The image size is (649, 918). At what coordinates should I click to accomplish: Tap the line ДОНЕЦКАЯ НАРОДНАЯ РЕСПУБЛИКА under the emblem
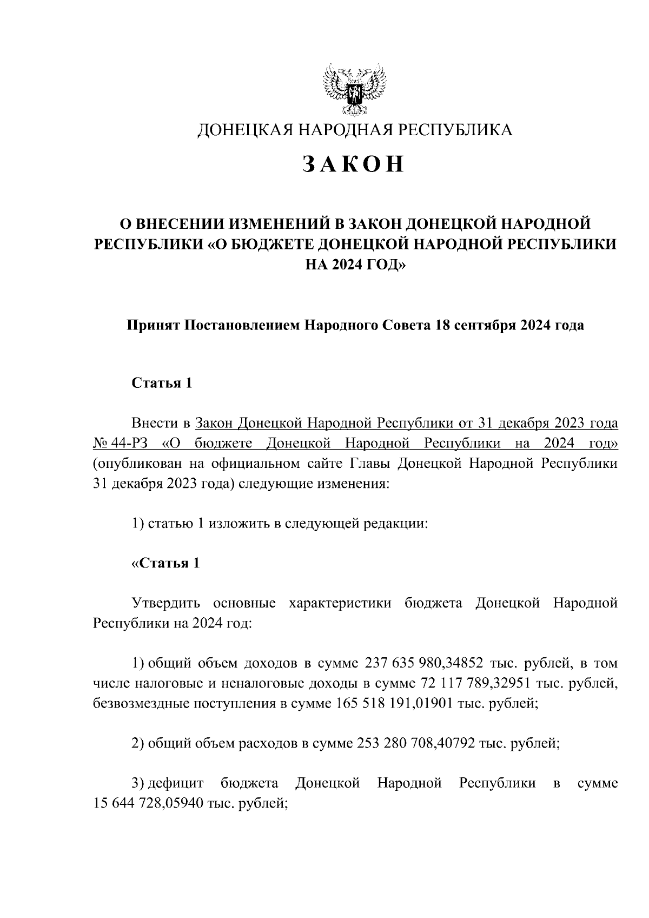354,130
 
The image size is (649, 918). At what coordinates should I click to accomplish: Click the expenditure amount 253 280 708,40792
416,744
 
